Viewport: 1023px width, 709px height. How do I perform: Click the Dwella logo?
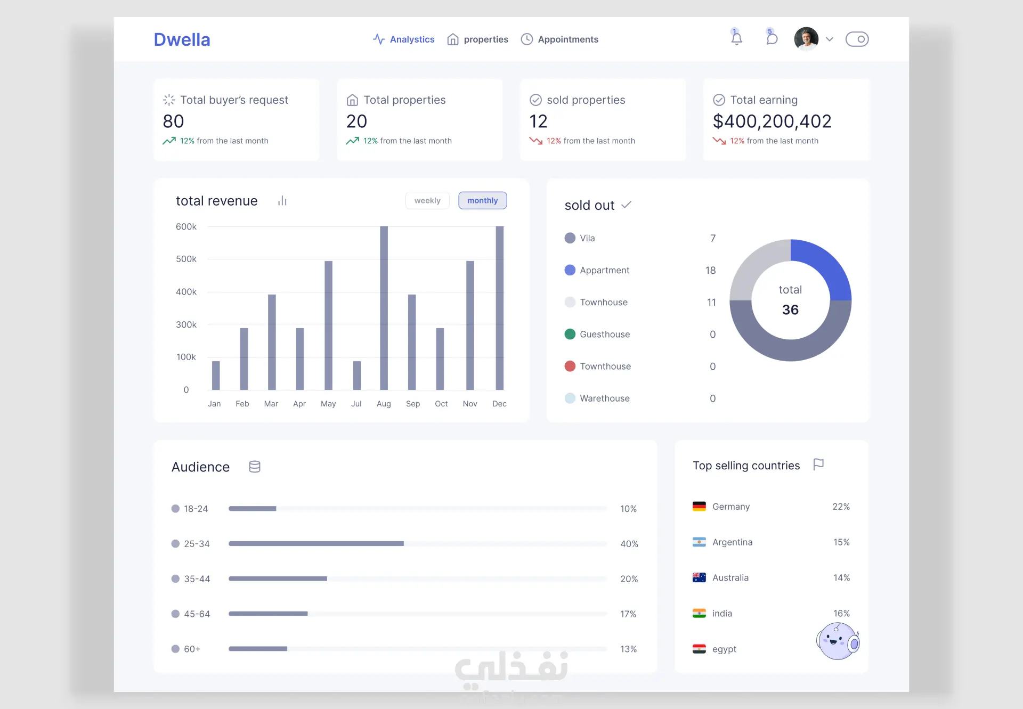tap(182, 39)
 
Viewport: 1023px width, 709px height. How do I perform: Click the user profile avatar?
tap(806, 39)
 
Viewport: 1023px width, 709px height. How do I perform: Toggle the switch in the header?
tap(857, 39)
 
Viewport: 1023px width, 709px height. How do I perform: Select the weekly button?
tap(427, 200)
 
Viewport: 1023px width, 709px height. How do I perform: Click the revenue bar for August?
tap(384, 308)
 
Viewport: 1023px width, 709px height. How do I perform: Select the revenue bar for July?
tap(357, 376)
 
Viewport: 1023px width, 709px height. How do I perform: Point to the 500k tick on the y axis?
tap(186, 259)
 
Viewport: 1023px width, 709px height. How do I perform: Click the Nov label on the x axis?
tap(470, 404)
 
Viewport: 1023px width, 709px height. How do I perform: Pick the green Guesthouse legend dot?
tap(570, 334)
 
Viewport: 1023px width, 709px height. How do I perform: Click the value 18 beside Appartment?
tap(710, 270)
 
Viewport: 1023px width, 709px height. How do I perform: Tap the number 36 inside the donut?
tap(790, 309)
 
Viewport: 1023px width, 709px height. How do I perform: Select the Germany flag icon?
tap(699, 507)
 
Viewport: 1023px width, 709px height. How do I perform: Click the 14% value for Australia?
tap(841, 577)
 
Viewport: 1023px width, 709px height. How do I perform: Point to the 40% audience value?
tap(629, 544)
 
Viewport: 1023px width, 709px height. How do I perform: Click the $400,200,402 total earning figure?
tap(772, 121)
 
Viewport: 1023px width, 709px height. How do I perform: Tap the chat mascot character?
tap(838, 641)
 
